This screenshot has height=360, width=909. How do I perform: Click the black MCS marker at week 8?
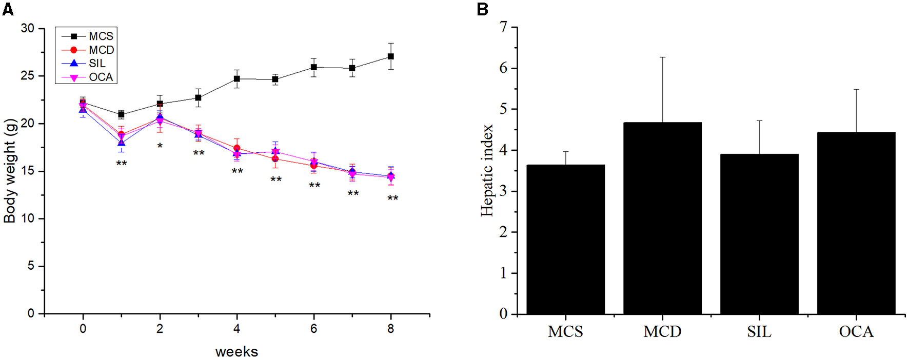click(391, 56)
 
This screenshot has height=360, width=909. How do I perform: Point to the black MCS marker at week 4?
click(236, 79)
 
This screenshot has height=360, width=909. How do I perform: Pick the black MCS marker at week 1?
click(121, 114)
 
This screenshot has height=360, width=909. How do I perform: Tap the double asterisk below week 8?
click(392, 198)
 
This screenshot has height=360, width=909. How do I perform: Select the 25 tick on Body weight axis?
click(28, 76)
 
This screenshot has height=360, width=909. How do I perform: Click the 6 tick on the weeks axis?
click(313, 329)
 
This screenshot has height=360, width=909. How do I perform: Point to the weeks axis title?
click(236, 352)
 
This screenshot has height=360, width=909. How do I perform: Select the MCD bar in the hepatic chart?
click(662, 218)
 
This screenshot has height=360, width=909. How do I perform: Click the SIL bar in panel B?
click(759, 233)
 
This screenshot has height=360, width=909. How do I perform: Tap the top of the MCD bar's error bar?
click(662, 57)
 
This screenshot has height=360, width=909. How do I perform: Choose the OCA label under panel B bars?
click(856, 332)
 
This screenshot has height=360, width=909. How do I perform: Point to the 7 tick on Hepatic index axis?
click(504, 27)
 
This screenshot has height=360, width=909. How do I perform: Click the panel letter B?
click(482, 9)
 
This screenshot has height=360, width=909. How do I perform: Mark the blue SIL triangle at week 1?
click(121, 143)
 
